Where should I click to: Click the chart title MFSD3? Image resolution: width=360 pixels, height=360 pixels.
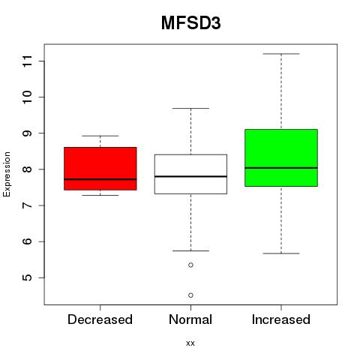point(191,23)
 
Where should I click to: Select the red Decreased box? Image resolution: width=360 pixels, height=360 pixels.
point(100,169)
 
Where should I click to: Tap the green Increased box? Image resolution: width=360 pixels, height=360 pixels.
point(281,157)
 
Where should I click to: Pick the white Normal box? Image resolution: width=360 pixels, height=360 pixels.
point(190,174)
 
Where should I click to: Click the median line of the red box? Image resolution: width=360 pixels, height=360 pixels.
point(100,179)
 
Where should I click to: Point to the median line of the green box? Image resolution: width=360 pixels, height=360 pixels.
point(281,168)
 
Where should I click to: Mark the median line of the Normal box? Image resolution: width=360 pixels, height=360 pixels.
point(190,176)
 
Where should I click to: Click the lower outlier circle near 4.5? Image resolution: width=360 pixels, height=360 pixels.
point(190,295)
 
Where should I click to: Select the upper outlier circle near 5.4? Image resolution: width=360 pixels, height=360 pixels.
point(190,265)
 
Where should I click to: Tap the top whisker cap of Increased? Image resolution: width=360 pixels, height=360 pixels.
point(281,54)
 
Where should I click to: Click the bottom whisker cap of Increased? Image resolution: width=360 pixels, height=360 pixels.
point(281,253)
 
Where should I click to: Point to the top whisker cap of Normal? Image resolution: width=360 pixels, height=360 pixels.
point(190,108)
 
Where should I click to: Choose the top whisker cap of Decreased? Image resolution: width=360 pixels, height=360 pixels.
point(100,136)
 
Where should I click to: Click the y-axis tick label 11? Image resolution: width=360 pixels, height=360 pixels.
point(27,61)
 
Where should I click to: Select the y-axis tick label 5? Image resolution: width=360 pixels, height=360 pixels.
point(27,277)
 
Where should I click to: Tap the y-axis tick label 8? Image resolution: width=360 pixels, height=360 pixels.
point(27,169)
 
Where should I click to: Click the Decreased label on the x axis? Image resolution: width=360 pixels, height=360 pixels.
point(100,319)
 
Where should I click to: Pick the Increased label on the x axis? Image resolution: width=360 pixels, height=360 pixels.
point(281,319)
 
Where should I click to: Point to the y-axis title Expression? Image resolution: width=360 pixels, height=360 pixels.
point(7,174)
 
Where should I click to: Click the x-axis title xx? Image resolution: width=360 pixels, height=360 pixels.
point(190,343)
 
